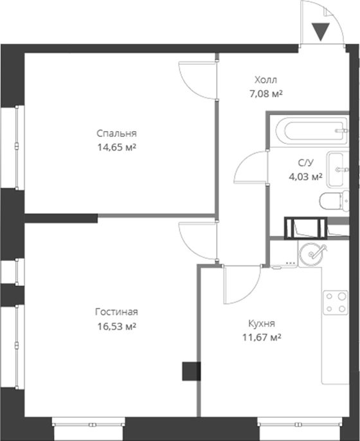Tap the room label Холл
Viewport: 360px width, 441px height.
coord(265,80)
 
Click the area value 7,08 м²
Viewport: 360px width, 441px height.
coord(266,94)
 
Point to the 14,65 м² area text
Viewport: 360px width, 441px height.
coord(117,147)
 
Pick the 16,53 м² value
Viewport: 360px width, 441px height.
coord(116,326)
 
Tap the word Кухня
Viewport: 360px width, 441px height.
coord(262,323)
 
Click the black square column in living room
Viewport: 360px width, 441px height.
coord(191,372)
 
